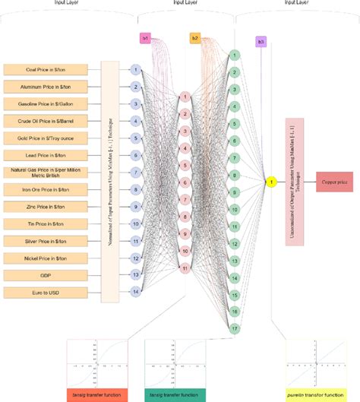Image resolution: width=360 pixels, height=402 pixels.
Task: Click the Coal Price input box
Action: click(48, 69)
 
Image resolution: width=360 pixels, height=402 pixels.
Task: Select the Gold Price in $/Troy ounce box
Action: click(48, 138)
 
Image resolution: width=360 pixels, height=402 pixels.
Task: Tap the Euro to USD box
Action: click(48, 292)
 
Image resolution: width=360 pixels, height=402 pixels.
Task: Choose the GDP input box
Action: click(48, 275)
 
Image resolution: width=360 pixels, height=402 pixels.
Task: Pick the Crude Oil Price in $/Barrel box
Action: click(48, 120)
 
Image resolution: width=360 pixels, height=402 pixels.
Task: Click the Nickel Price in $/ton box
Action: click(48, 258)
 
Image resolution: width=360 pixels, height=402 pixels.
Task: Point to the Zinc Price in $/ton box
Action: click(48, 206)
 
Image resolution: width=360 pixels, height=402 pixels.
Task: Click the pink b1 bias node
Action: click(145, 37)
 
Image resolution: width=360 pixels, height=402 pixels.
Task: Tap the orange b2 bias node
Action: click(195, 37)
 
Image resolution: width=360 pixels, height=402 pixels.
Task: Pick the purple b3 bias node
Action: click(261, 42)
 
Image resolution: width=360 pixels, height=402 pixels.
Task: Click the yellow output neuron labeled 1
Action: click(269, 182)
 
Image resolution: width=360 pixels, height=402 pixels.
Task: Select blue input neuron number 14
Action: click(136, 292)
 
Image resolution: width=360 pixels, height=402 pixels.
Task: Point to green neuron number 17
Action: click(235, 328)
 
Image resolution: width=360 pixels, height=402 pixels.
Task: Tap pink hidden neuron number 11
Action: click(185, 267)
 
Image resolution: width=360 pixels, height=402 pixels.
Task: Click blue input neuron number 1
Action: click(136, 69)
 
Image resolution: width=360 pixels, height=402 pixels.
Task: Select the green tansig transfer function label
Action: click(175, 395)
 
